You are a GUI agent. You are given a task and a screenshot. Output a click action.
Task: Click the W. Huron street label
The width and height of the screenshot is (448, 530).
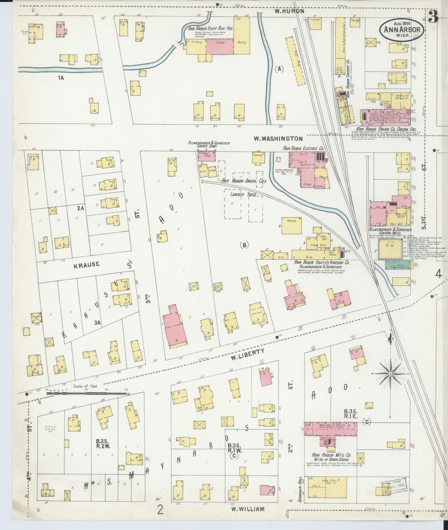pyautogui.click(x=289, y=11)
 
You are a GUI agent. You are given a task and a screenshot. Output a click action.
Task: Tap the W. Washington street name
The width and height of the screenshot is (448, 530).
pyautogui.click(x=278, y=139)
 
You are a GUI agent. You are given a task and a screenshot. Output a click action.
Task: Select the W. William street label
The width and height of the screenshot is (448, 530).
pyautogui.click(x=248, y=509)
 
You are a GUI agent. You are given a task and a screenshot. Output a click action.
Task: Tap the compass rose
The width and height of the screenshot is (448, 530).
pyautogui.click(x=389, y=374)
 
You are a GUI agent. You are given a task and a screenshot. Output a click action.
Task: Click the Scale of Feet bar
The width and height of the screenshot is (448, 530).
pyautogui.click(x=87, y=393)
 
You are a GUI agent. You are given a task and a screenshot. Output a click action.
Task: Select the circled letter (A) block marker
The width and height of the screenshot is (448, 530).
pyautogui.click(x=279, y=69)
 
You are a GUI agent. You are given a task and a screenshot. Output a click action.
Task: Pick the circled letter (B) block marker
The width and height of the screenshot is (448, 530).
pyautogui.click(x=244, y=245)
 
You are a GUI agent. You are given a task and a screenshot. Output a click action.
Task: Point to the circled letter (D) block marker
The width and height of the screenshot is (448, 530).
pyautogui.click(x=367, y=422)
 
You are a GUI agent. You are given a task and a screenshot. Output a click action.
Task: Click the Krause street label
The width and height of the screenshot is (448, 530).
pyautogui.click(x=87, y=264)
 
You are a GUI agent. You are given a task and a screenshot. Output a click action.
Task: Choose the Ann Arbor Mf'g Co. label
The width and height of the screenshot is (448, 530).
pyautogui.click(x=331, y=455)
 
